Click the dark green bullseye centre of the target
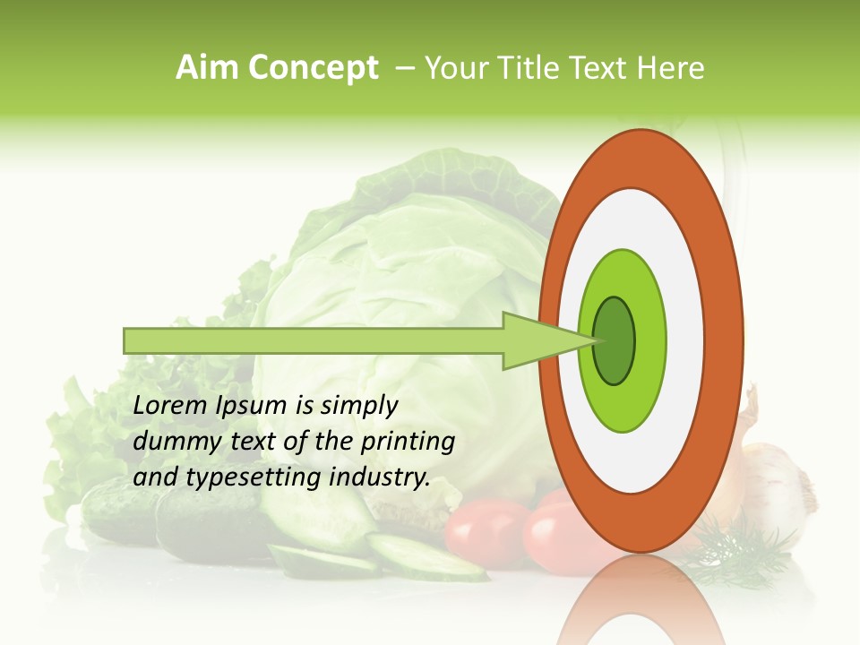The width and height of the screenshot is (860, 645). (x=614, y=340)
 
